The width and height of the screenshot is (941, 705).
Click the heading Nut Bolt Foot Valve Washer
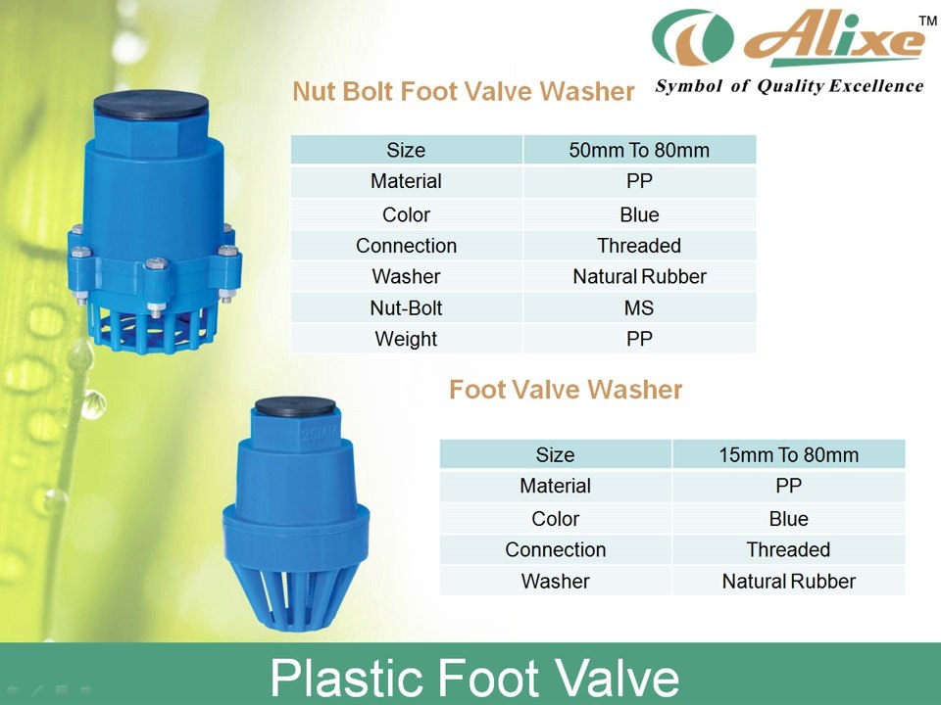[464, 92]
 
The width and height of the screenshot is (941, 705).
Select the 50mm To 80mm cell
[639, 150]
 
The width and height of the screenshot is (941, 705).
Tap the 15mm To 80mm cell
[788, 454]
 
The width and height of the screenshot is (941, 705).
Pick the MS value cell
[639, 307]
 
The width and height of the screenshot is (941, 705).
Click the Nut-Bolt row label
[406, 307]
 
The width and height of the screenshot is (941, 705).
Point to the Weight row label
[406, 339]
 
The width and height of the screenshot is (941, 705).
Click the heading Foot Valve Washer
[566, 390]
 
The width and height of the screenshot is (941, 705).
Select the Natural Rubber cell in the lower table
[788, 581]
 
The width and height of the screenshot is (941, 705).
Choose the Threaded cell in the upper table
[639, 246]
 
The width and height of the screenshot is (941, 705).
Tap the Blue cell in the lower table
[788, 518]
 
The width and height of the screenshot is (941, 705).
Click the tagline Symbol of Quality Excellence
[789, 86]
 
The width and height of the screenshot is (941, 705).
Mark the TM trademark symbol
[926, 21]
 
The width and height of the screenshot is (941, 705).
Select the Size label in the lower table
[555, 454]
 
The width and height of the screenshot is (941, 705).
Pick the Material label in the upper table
[406, 181]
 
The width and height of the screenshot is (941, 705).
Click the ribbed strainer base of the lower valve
[293, 587]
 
